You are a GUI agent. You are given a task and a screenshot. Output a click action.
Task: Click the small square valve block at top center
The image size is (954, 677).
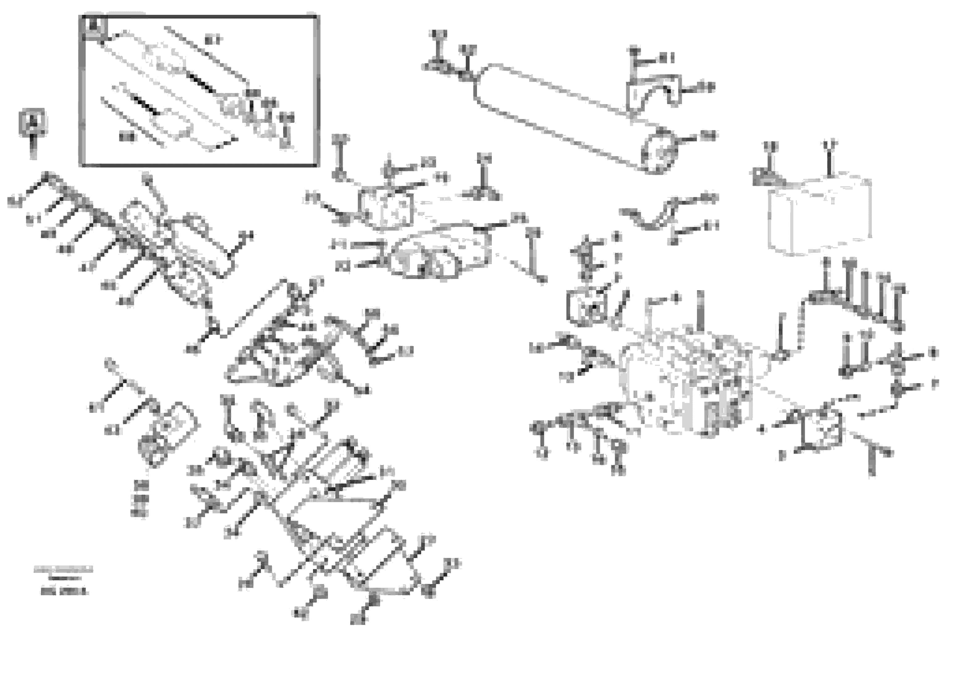point(388,209)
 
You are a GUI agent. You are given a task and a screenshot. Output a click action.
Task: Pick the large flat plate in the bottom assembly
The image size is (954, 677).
point(333,517)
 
